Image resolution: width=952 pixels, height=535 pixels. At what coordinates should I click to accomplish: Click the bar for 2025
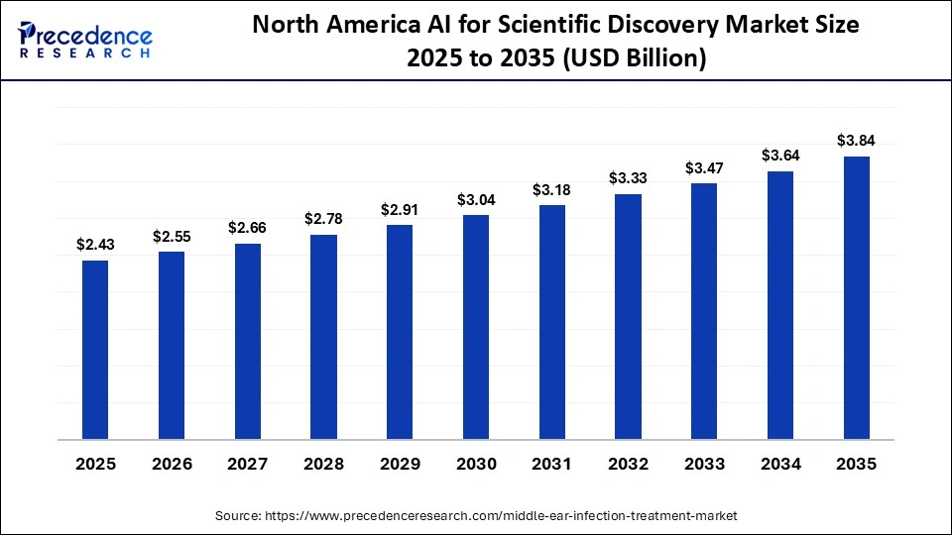(95, 350)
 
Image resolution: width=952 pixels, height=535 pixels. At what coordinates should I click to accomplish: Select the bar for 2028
(323, 337)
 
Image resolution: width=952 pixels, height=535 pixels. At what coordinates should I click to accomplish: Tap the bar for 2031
(551, 322)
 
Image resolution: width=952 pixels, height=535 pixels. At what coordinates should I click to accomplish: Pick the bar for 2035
(856, 297)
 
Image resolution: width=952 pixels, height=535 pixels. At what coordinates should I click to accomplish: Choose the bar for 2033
(704, 311)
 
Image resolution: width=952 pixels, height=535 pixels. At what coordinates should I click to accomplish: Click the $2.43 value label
(95, 245)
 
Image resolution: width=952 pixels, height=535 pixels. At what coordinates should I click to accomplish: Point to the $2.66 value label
(247, 228)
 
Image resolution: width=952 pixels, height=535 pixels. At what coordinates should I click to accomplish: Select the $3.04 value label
(476, 199)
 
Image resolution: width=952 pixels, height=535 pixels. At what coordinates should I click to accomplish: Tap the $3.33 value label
(628, 178)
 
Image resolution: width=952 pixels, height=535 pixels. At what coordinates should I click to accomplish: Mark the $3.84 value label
(856, 140)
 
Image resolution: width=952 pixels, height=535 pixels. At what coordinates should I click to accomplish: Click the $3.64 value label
(779, 156)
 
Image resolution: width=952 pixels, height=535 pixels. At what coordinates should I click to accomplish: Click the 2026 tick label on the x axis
(172, 464)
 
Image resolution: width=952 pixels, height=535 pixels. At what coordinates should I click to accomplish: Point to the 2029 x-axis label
(400, 464)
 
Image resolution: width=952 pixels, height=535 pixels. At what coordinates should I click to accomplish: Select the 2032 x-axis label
(628, 464)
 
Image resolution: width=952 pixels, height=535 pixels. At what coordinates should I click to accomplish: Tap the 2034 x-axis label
(779, 464)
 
